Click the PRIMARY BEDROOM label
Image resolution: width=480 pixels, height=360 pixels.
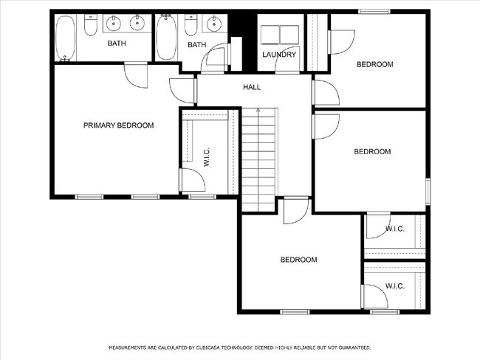pyautogui.click(x=118, y=125)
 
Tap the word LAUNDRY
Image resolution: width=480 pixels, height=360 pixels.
pyautogui.click(x=279, y=55)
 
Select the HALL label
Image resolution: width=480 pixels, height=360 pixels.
pyautogui.click(x=252, y=87)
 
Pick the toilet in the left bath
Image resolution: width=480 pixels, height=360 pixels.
pyautogui.click(x=89, y=27)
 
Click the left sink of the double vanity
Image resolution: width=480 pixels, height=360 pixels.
pyautogui.click(x=114, y=24)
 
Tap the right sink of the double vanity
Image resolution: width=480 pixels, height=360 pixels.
pyautogui.click(x=137, y=24)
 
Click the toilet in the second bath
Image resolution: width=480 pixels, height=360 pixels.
pyautogui.click(x=190, y=27)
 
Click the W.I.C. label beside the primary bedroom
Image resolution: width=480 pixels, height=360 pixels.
pyautogui.click(x=207, y=156)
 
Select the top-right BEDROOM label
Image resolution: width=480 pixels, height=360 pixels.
pyautogui.click(x=374, y=64)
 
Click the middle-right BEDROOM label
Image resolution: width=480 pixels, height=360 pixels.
pyautogui.click(x=371, y=151)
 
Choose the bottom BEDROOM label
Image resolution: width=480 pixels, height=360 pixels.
pyautogui.click(x=298, y=260)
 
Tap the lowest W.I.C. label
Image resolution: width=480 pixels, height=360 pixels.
pyautogui.click(x=394, y=286)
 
